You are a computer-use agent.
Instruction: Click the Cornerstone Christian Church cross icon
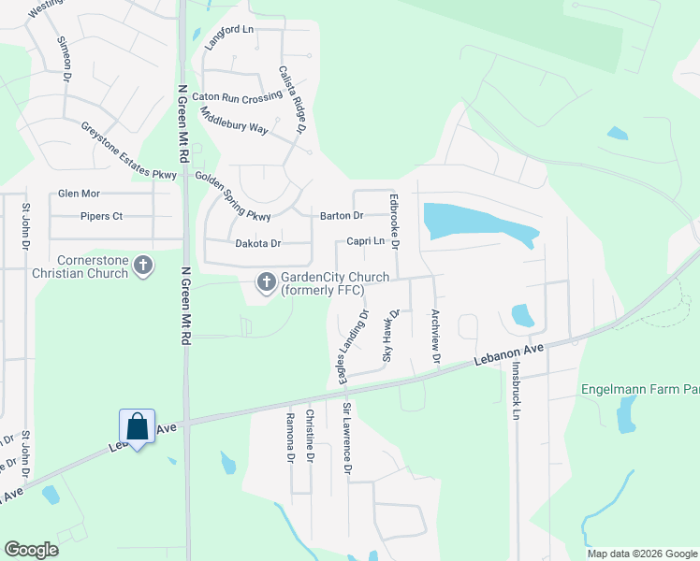point(143,266)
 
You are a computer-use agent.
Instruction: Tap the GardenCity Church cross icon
point(266,281)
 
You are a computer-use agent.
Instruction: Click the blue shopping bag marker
point(137,427)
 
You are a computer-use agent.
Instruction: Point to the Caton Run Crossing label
point(237,97)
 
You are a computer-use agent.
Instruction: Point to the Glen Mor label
point(79,194)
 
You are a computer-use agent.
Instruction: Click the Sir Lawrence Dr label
point(346,439)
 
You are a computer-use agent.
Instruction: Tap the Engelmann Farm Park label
point(639,389)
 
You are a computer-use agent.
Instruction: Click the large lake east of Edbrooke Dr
point(473,223)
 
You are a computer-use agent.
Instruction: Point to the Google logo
point(31,550)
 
